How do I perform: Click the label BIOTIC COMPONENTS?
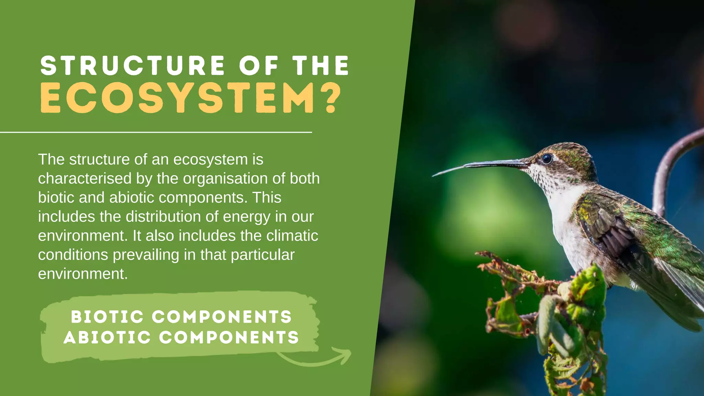coord(181,317)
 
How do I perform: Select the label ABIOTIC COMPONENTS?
coord(181,337)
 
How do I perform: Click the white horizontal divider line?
coord(155,132)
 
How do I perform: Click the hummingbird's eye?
coord(547,158)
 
